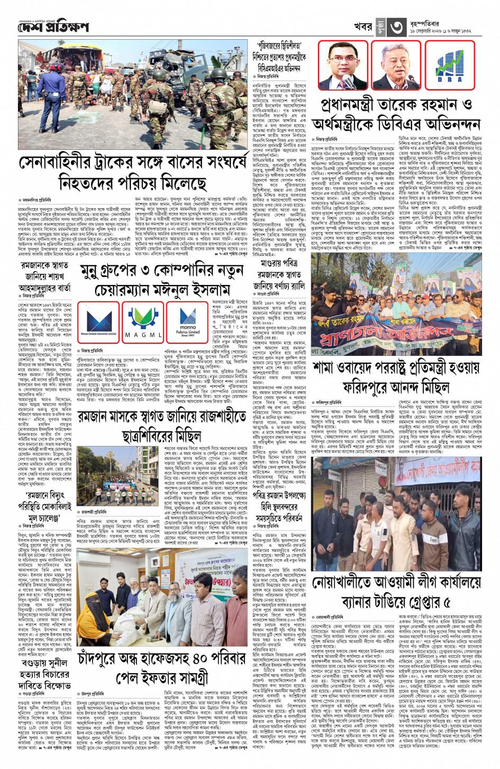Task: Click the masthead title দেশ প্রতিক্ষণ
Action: click(53, 26)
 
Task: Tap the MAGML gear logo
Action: click(143, 321)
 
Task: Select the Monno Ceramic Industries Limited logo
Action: click(99, 321)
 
